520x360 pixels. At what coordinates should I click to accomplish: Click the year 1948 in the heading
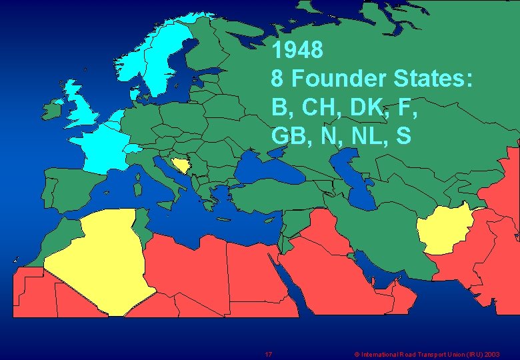(x=297, y=49)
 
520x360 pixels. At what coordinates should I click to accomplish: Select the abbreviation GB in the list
(x=288, y=136)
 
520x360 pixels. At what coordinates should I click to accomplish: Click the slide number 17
(x=268, y=354)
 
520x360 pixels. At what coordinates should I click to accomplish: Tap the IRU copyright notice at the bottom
(x=427, y=354)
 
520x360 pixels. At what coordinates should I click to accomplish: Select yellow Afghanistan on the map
(x=443, y=229)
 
